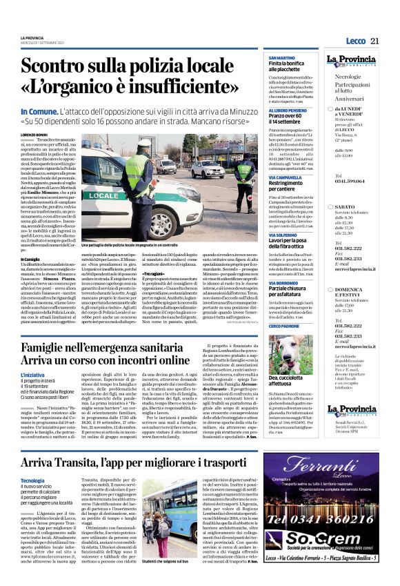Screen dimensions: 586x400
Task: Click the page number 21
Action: pos(374,41)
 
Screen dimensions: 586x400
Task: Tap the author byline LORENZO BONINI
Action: pos(34,135)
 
